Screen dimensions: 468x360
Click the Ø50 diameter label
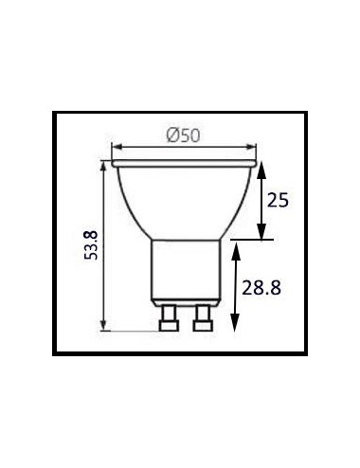pyautogui.click(x=183, y=135)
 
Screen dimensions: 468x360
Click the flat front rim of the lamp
pyautogui.click(x=185, y=163)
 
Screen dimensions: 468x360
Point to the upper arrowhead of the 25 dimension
pyautogui.click(x=263, y=168)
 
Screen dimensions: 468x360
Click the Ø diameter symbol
pyautogui.click(x=170, y=135)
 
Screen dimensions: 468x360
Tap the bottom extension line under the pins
pyautogui.click(x=133, y=331)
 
